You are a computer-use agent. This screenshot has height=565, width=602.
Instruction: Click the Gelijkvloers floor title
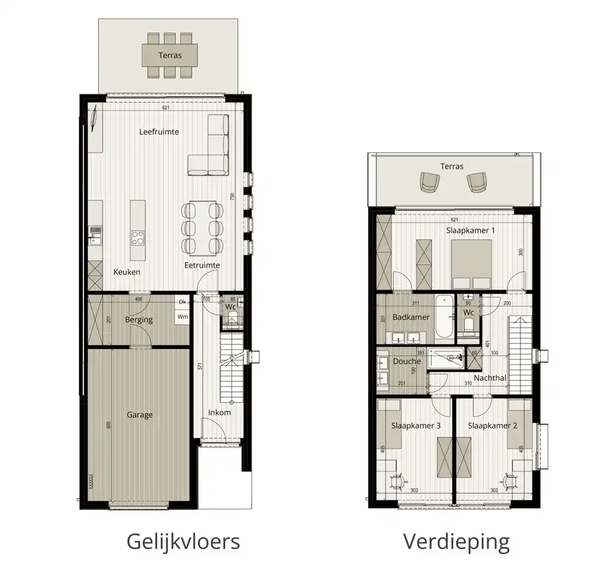click(183, 542)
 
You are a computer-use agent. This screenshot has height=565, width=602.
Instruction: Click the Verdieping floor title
click(456, 542)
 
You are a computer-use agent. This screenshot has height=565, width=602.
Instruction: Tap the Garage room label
click(139, 415)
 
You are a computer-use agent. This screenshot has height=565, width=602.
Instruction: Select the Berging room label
click(138, 320)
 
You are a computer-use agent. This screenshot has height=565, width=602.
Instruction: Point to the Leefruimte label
click(159, 132)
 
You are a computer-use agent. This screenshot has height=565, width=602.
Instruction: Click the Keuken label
click(126, 272)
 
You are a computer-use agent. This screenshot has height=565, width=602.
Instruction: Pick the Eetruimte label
click(202, 265)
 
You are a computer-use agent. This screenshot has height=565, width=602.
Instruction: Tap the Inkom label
click(219, 413)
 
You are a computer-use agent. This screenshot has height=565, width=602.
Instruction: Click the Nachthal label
click(489, 378)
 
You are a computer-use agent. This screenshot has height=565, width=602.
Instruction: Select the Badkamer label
click(411, 317)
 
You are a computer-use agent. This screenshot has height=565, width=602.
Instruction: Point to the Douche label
click(407, 361)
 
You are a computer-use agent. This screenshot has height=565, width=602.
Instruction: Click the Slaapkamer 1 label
click(470, 231)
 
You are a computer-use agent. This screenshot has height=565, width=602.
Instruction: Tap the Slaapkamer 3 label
click(415, 426)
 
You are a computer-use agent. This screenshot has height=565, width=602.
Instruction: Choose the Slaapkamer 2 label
click(493, 426)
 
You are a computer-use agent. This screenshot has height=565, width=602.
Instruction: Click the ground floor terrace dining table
click(169, 55)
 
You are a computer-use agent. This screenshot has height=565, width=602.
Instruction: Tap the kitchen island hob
click(137, 238)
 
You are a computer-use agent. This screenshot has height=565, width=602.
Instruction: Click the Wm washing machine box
click(183, 316)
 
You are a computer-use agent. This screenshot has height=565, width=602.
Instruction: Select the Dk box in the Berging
click(183, 302)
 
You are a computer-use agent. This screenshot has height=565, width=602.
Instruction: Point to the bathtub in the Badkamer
click(444, 316)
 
